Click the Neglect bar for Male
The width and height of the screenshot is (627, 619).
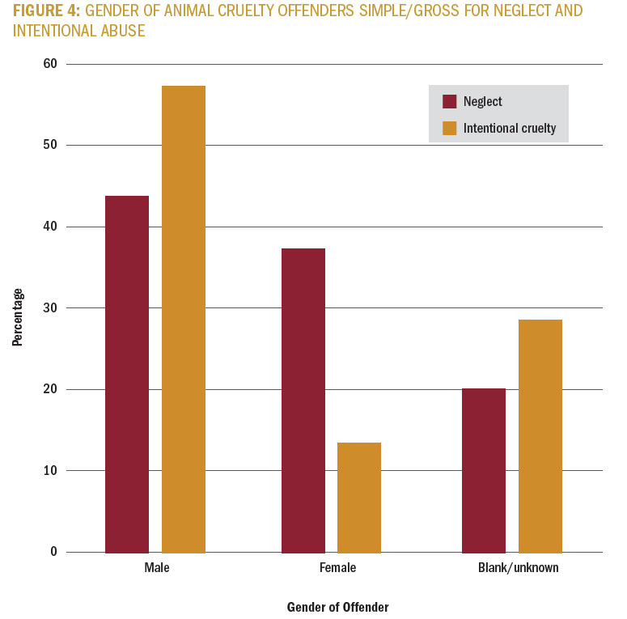pos(127,374)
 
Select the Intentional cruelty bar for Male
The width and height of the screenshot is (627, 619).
pos(184,319)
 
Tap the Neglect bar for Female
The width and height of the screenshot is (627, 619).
pos(303,400)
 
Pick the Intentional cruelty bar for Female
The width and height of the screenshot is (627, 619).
pos(359,497)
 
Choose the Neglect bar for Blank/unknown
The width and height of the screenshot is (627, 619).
pos(484,470)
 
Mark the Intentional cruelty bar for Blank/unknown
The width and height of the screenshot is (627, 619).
pos(540,435)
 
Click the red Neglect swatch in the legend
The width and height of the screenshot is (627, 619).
pos(450,102)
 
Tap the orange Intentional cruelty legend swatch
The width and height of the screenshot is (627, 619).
pos(450,128)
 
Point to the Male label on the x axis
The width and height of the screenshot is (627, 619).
pos(157,568)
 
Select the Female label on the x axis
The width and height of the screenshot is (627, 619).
pos(337,568)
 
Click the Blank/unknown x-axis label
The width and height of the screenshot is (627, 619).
pos(518,568)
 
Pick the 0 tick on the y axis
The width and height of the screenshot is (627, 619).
pos(53,552)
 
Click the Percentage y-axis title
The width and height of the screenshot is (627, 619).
pos(18,317)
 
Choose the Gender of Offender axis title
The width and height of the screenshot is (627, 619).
pos(337,607)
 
